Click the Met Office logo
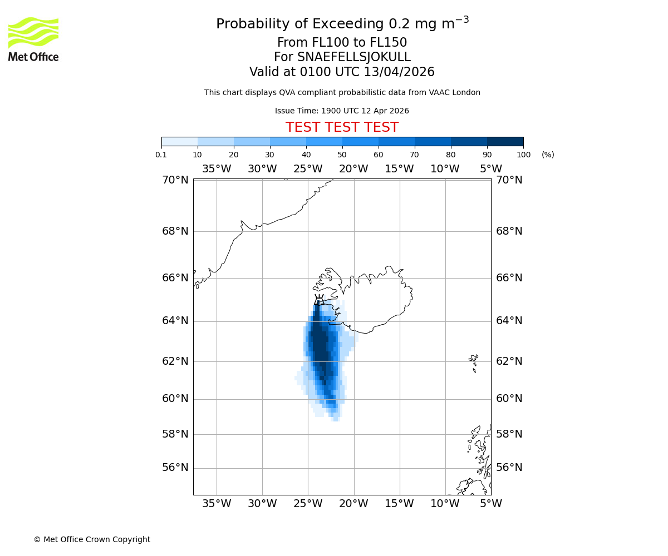tap(33, 39)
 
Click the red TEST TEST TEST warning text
tap(342, 127)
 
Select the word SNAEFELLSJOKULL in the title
tap(353, 57)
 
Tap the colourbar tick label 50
tap(342, 155)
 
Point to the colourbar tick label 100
tap(523, 155)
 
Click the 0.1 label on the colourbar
tap(161, 155)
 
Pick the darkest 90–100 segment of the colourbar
tap(505, 141)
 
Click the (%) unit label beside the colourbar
tap(548, 155)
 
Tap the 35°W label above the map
tap(216, 169)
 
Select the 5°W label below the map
tap(490, 504)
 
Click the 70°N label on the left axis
tap(175, 180)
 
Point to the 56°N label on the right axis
tap(509, 468)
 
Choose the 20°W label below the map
tap(353, 504)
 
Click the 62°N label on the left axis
tap(175, 361)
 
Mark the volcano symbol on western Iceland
tap(319, 300)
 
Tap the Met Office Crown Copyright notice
tap(92, 539)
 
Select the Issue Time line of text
tap(342, 111)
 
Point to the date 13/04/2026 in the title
tap(399, 72)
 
